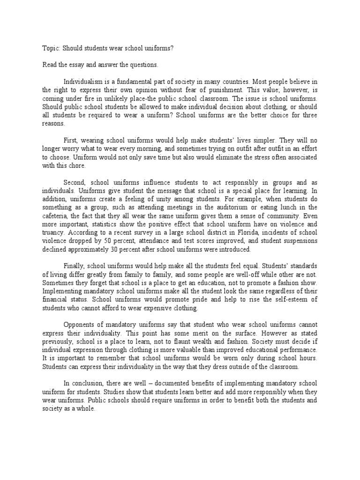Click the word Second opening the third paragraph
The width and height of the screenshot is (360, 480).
tap(75, 182)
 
